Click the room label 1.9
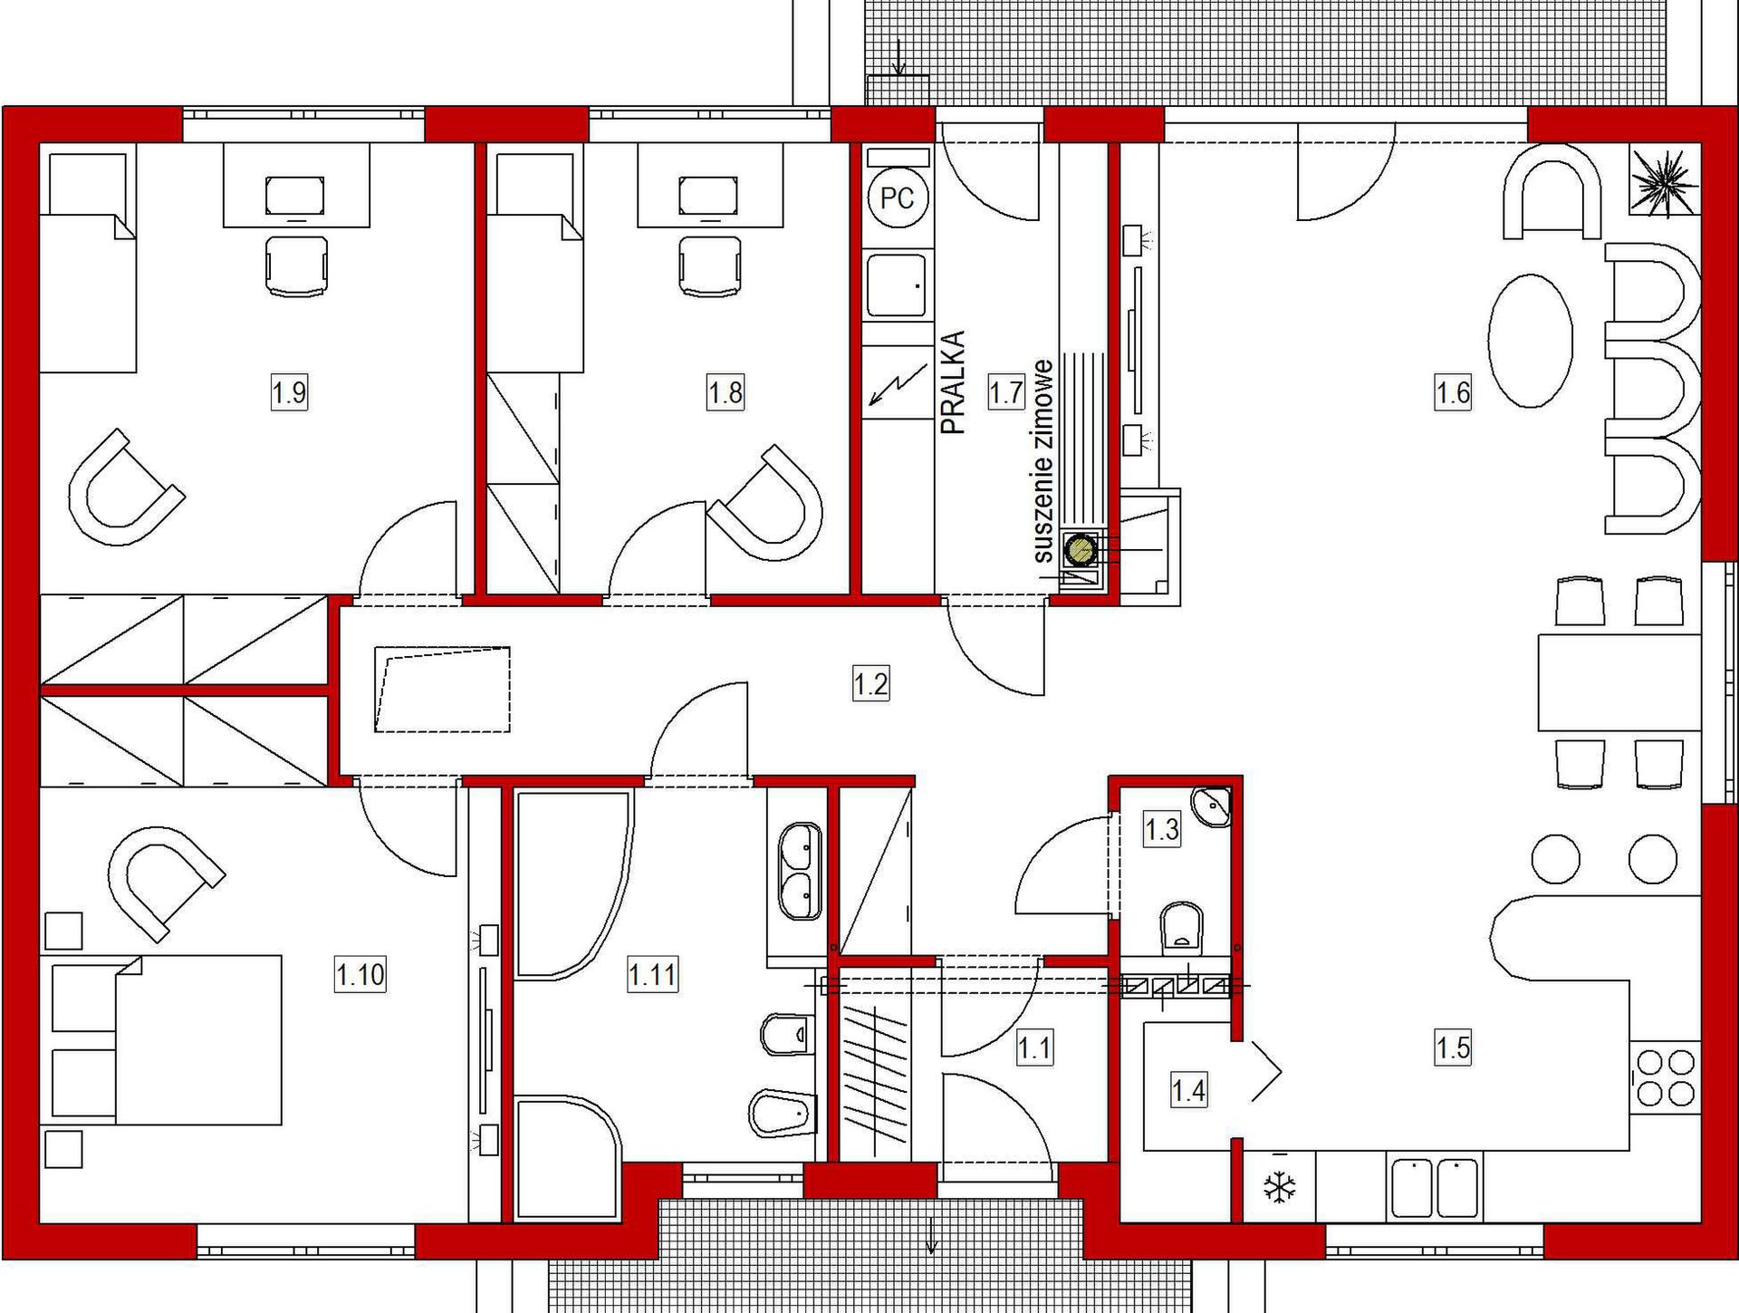tap(289, 393)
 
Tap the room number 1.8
tap(725, 393)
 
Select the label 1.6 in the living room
tap(1453, 393)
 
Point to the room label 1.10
tap(360, 975)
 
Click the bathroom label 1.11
tap(652, 975)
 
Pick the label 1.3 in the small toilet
tap(1162, 828)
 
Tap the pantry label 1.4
tap(1188, 1090)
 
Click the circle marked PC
tap(897, 198)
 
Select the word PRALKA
tap(954, 382)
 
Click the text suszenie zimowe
tap(1043, 461)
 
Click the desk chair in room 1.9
tap(297, 265)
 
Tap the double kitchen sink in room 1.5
tap(1435, 1187)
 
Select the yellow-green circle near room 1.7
tap(1081, 550)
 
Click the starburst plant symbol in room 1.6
tap(1665, 183)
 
